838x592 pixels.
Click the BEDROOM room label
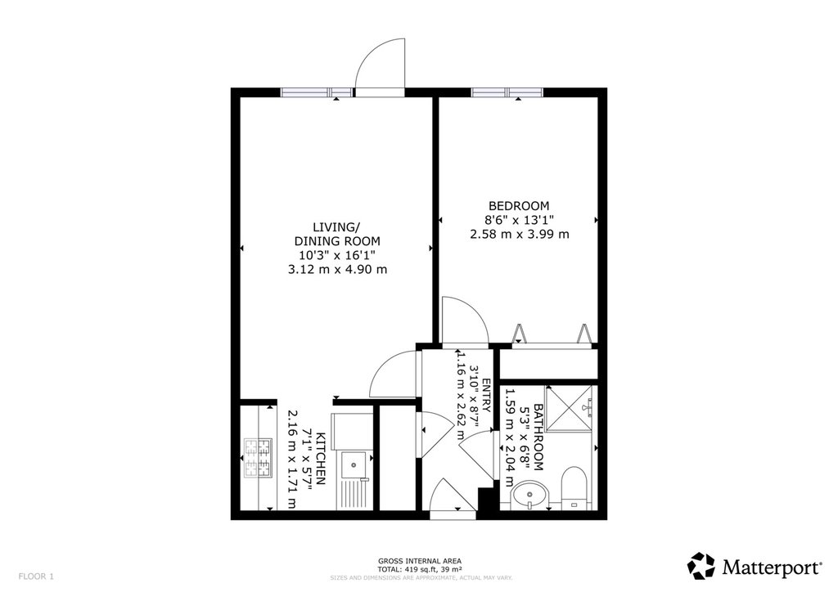(x=519, y=205)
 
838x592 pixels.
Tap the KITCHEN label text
(x=321, y=459)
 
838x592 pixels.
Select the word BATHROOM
(x=538, y=437)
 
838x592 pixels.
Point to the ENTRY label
(x=486, y=396)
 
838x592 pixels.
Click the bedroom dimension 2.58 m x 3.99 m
(x=520, y=234)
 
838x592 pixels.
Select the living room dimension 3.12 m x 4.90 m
(x=337, y=270)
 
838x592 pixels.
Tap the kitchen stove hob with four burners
(x=258, y=458)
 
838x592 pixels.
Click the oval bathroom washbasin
(x=529, y=495)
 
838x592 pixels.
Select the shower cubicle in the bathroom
(x=570, y=407)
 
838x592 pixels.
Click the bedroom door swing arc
(x=464, y=321)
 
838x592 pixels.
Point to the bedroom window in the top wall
(x=507, y=92)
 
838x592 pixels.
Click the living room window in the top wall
(x=317, y=92)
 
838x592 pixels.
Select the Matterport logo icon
(x=701, y=566)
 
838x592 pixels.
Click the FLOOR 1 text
(x=36, y=576)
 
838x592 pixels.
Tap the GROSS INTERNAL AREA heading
(x=420, y=561)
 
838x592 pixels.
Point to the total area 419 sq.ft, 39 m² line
(x=420, y=569)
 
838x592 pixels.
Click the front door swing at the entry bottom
(x=452, y=496)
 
